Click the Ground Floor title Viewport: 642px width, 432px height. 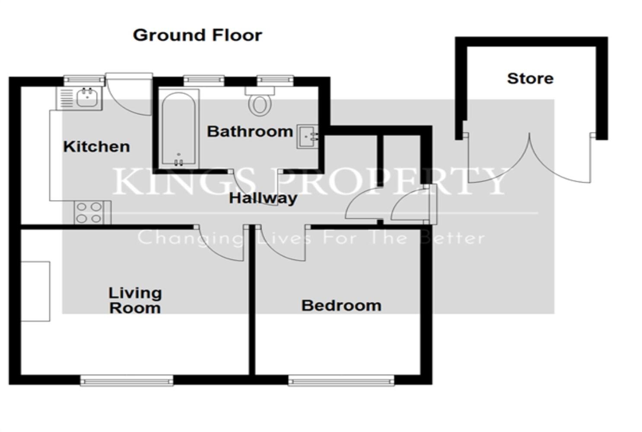[x=197, y=35]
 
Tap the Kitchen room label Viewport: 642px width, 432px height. [x=96, y=146]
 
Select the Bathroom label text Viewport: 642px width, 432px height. [x=250, y=131]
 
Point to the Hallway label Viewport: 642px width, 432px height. [x=263, y=198]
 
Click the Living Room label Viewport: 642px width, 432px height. [x=135, y=300]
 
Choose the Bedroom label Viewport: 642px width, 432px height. [x=341, y=305]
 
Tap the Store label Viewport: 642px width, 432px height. [x=530, y=79]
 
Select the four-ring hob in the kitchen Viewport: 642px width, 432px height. [x=89, y=213]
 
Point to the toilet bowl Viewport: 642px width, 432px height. [x=260, y=104]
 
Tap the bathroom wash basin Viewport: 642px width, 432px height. [x=308, y=137]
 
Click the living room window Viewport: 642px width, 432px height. [x=127, y=381]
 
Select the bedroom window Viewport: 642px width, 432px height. [x=341, y=381]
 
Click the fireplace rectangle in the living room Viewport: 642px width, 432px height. [x=35, y=291]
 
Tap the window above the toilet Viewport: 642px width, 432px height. [x=275, y=80]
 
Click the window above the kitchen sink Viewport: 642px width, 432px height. [x=84, y=80]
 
